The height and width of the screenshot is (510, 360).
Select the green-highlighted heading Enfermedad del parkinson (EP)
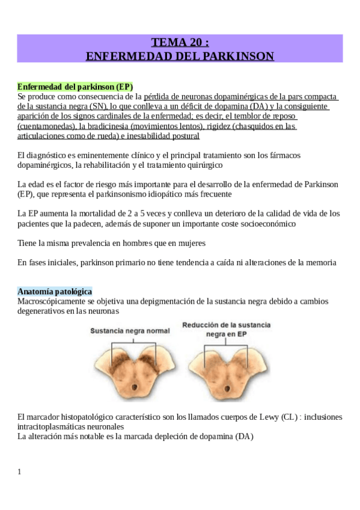point(75,87)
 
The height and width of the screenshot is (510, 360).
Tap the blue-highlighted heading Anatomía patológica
point(55,291)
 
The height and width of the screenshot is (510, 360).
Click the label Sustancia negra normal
point(130,331)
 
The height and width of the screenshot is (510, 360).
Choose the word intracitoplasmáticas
point(54,426)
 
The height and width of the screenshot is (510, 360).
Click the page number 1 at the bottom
point(20,472)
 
